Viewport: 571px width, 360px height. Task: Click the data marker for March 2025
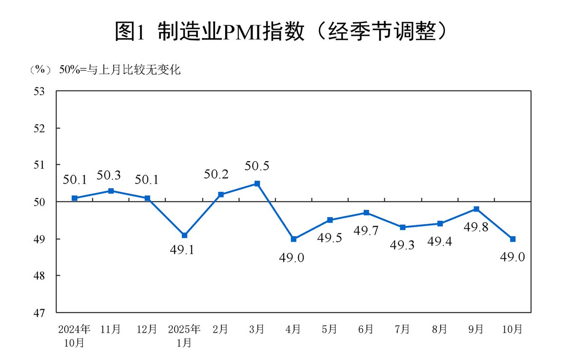pos(257,184)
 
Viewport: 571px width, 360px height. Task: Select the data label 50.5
pos(257,166)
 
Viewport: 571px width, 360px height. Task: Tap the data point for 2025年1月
pos(184,235)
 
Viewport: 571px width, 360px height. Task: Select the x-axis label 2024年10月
pos(74,335)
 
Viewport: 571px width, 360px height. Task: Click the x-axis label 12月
pos(148,329)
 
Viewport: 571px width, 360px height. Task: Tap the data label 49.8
pos(476,226)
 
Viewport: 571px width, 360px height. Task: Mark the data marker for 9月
pos(476,209)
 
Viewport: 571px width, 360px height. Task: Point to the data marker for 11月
pos(111,191)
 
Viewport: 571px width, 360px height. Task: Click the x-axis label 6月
pos(366,329)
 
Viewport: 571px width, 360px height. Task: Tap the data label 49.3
pos(403,245)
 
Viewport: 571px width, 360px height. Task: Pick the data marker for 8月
pos(440,224)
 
